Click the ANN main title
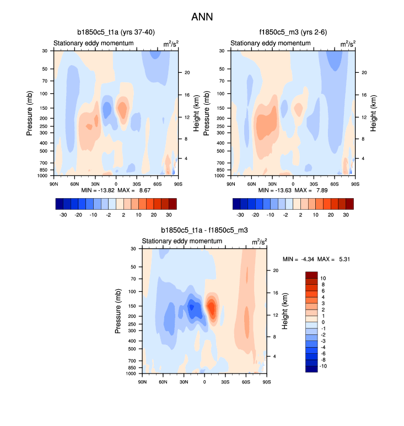click(202, 17)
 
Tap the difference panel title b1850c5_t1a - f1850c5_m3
click(203, 231)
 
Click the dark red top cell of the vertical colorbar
click(311, 275)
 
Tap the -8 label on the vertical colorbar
click(323, 359)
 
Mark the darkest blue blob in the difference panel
click(192, 309)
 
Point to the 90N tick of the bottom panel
click(142, 381)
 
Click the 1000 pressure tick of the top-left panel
click(42, 176)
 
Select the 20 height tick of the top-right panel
click(364, 73)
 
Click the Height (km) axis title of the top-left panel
click(196, 113)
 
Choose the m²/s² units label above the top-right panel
click(347, 44)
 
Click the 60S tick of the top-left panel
click(157, 183)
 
